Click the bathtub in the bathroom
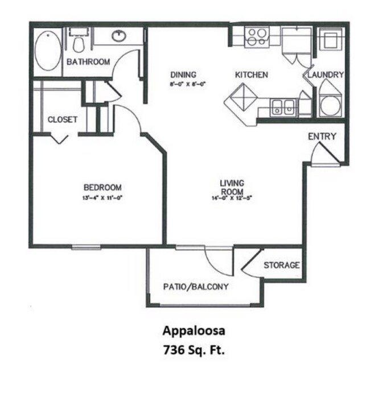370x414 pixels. tap(47, 51)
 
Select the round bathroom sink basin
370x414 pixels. tap(119, 37)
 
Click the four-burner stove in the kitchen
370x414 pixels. tap(257, 37)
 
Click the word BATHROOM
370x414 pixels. tap(88, 62)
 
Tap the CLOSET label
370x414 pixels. tap(63, 119)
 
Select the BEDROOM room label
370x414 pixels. tap(102, 187)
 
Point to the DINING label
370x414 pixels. tap(183, 74)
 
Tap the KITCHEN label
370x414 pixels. tap(252, 74)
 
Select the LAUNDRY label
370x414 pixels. tap(326, 74)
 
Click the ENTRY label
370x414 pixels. tap(322, 136)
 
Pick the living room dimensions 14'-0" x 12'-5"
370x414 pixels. tap(232, 198)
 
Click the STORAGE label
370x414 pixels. tap(281, 265)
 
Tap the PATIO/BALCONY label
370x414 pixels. tap(196, 287)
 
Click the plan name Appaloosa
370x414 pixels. tap(190, 331)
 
